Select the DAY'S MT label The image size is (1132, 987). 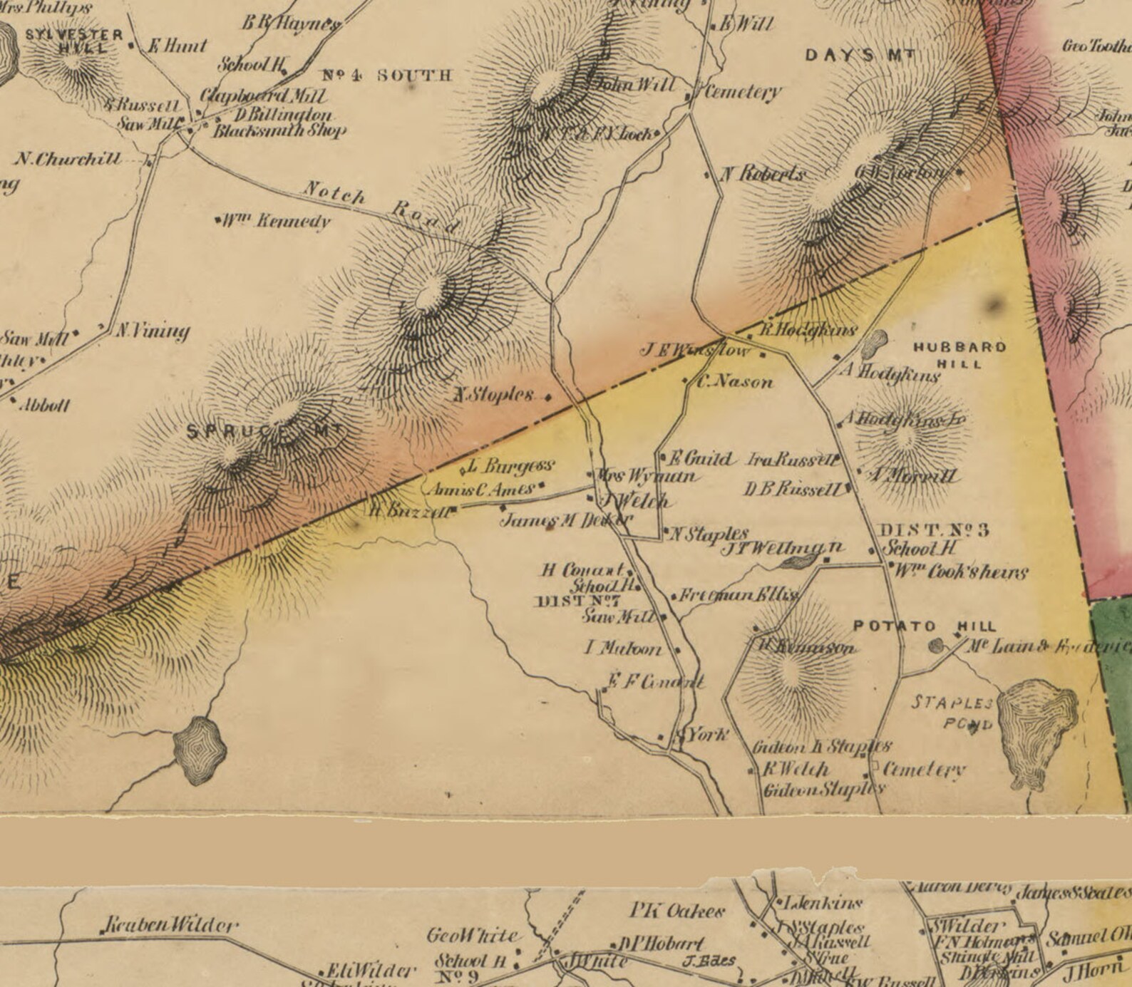[x=859, y=56]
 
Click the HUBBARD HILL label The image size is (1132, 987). [x=959, y=354]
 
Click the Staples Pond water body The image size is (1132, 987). [x=1037, y=730]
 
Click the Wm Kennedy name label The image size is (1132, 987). [x=274, y=220]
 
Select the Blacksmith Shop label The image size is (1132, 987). [x=279, y=131]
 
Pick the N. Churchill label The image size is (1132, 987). [x=68, y=158]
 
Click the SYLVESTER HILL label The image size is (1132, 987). [x=74, y=41]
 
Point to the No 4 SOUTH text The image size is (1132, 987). [x=387, y=76]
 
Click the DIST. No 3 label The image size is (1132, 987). [x=935, y=530]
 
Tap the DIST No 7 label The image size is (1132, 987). [x=577, y=601]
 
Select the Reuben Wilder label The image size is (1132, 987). [x=170, y=926]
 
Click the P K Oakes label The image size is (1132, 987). [x=677, y=911]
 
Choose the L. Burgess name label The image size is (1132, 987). [x=510, y=466]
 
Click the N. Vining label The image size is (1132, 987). [x=153, y=331]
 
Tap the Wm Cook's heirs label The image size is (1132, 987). [x=961, y=572]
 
